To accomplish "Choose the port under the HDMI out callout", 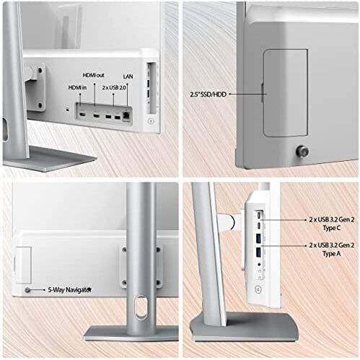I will [97, 115].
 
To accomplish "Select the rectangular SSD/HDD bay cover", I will [285, 92].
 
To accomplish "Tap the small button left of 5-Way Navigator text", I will [27, 289].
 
